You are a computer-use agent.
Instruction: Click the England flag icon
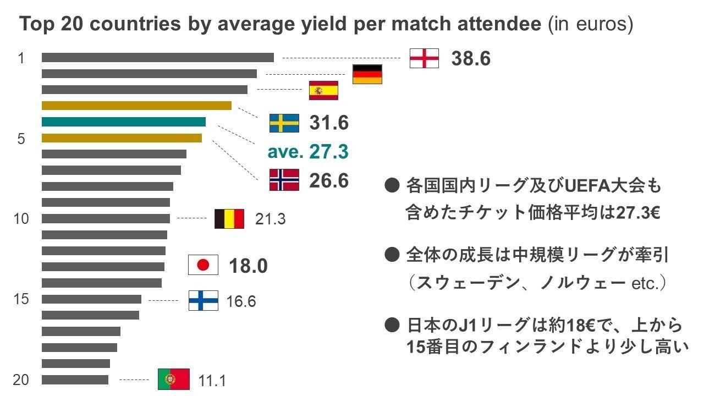coord(425,58)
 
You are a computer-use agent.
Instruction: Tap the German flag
coord(367,74)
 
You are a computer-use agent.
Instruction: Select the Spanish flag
coord(323,90)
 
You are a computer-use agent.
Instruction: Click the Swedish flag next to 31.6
coord(284,123)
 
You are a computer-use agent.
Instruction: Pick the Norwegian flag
coord(284,180)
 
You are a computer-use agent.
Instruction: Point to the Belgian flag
coord(229,219)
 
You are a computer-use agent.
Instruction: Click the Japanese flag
coord(204,266)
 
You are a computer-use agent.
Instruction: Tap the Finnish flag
coord(204,301)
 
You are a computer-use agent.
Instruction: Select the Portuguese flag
coord(173,380)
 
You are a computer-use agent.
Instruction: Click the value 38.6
coord(471,58)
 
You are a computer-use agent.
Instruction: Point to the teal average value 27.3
coord(328,152)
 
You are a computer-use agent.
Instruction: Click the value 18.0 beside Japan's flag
coord(248,266)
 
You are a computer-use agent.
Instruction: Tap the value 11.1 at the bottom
coord(212,380)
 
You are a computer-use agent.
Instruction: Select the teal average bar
coord(124,122)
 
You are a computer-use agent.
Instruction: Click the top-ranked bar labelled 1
coord(157,58)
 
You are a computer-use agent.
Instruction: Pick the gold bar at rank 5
coord(122,138)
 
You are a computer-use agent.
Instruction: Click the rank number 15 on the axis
coord(21,300)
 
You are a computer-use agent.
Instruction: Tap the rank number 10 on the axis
coord(21,219)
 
